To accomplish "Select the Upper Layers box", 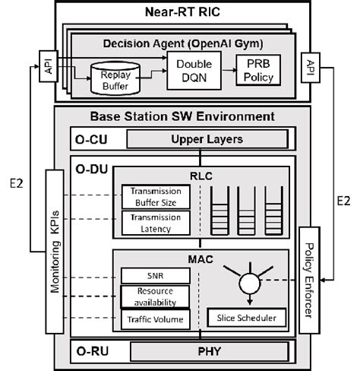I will (206, 139).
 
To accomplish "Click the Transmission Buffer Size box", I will (155, 197).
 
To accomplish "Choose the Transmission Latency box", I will (155, 223).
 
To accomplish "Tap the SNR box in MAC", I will (156, 273).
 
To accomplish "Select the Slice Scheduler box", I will (251, 316).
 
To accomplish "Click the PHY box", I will (209, 351).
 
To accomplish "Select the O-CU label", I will (89, 139).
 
